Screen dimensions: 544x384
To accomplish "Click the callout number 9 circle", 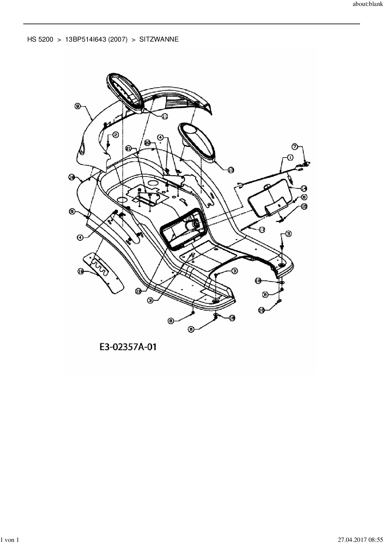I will [78, 106].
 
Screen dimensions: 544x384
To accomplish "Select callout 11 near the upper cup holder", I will [164, 116].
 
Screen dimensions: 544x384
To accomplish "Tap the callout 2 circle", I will [115, 135].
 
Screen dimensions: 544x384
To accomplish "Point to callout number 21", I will [129, 149].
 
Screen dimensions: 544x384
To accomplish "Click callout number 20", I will [148, 143].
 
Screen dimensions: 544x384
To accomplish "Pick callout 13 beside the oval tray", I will [231, 170].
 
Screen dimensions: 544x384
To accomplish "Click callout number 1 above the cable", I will [290, 158].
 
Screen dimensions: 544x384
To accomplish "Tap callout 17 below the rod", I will [262, 230].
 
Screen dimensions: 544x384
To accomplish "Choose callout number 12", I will [138, 291].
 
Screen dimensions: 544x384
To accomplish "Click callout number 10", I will [261, 310].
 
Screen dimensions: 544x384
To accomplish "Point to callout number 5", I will [72, 212].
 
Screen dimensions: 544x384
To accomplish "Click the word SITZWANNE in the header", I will [159, 39].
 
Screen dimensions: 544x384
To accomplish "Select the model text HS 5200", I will [40, 39].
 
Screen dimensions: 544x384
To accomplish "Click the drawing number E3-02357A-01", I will [128, 347].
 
